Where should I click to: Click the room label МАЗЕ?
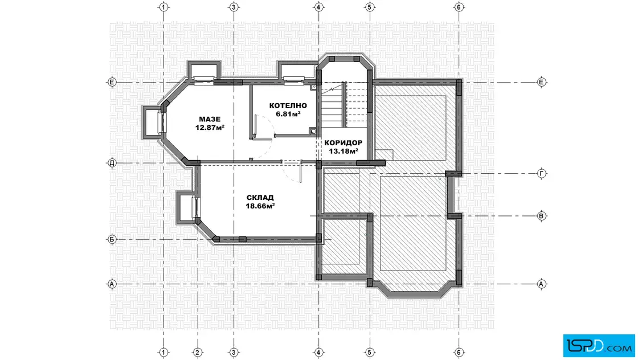click(210, 119)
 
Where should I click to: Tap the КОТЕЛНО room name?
click(288, 106)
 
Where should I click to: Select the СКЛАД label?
click(260, 198)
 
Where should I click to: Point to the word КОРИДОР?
click(343, 143)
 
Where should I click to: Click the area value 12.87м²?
click(210, 128)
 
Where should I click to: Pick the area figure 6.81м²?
click(288, 114)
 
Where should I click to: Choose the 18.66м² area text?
click(260, 206)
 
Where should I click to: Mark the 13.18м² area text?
click(343, 152)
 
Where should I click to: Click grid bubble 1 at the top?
click(163, 7)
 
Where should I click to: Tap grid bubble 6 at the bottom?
click(459, 352)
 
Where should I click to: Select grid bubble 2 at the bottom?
click(197, 352)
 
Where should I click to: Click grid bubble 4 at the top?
click(318, 7)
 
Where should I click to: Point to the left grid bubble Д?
click(112, 163)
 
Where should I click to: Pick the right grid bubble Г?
click(542, 174)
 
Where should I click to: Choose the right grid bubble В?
click(542, 216)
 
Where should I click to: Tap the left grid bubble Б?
click(112, 239)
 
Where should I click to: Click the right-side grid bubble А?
click(542, 284)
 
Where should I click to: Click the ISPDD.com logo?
click(599, 346)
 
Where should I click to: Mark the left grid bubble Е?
click(112, 82)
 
